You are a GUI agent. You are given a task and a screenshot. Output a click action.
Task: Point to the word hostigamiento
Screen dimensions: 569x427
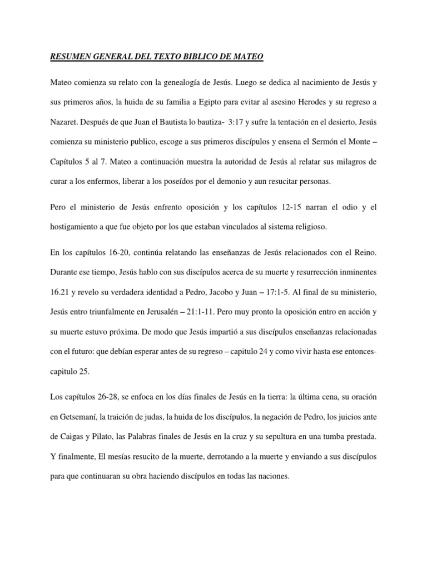click(x=75, y=227)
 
